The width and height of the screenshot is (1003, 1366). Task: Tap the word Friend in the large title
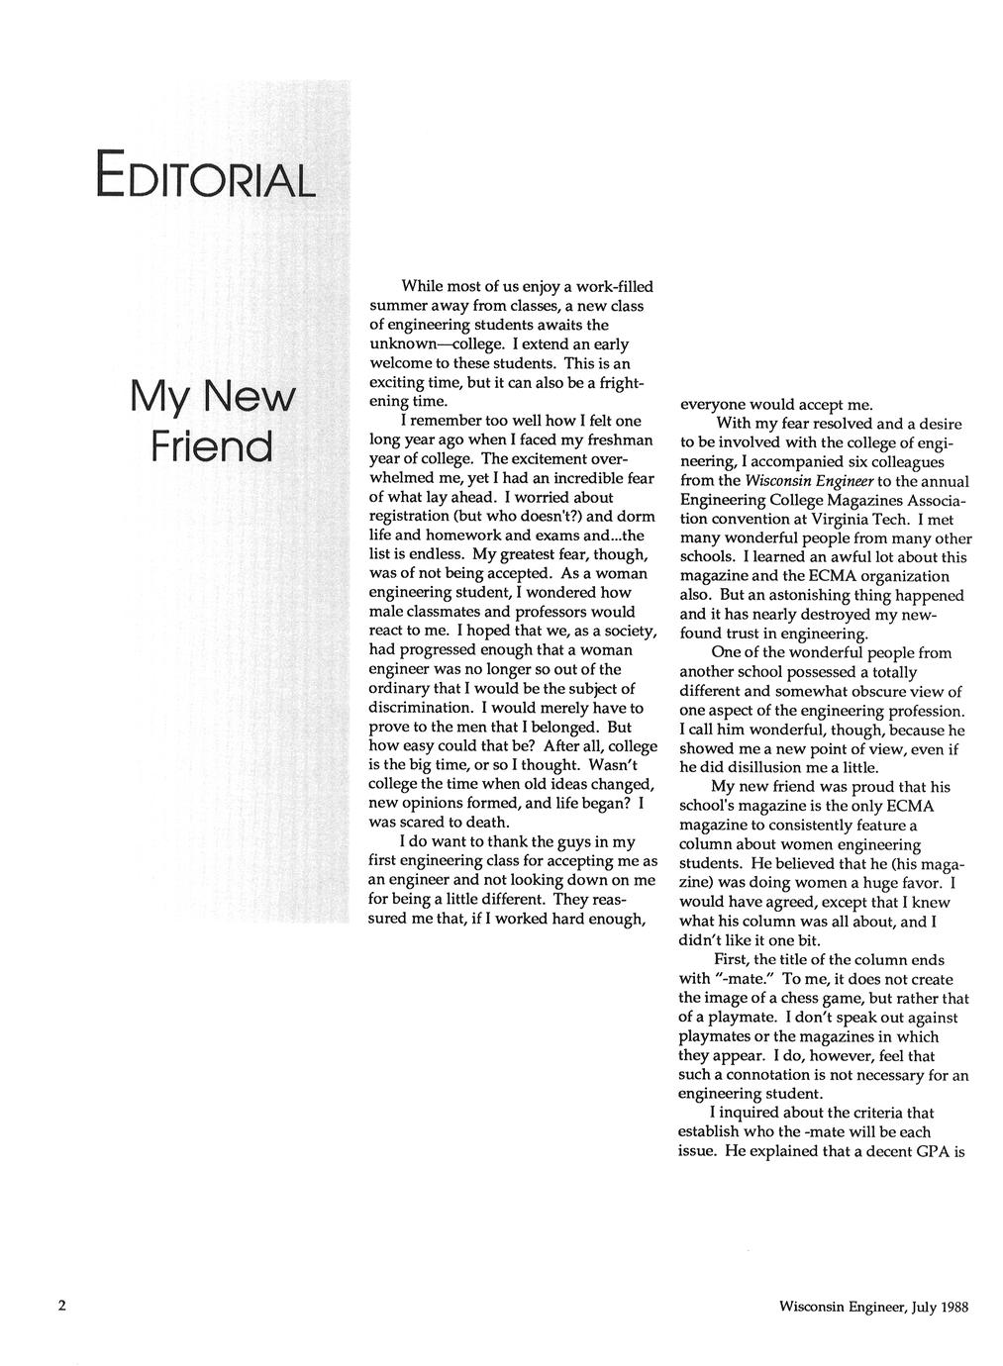point(211,445)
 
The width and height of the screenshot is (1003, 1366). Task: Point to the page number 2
point(62,1306)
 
